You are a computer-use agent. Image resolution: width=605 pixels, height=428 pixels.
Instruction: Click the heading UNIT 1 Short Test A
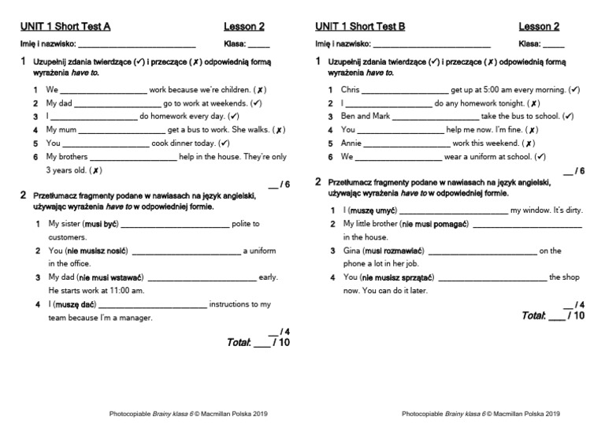(65, 26)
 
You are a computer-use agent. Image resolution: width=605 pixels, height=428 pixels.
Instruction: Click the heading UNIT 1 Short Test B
(360, 26)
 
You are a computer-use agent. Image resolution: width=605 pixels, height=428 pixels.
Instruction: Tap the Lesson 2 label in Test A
(243, 26)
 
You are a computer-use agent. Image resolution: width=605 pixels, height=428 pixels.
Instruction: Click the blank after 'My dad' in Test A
(117, 103)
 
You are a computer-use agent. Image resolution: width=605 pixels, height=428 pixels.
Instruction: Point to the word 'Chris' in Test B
(350, 90)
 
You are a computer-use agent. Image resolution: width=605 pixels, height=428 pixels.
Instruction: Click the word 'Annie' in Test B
(351, 143)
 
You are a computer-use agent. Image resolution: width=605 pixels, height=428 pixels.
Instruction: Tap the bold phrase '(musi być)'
(99, 224)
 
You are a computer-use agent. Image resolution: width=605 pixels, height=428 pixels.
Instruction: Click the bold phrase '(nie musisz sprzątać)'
(397, 277)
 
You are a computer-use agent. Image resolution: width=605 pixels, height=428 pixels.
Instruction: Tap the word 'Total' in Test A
(238, 343)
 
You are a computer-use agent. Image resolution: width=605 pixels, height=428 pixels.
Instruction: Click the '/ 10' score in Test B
(577, 316)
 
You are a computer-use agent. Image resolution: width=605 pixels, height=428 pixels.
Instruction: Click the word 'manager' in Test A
(135, 318)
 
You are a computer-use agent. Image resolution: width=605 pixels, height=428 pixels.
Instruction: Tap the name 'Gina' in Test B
(351, 251)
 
